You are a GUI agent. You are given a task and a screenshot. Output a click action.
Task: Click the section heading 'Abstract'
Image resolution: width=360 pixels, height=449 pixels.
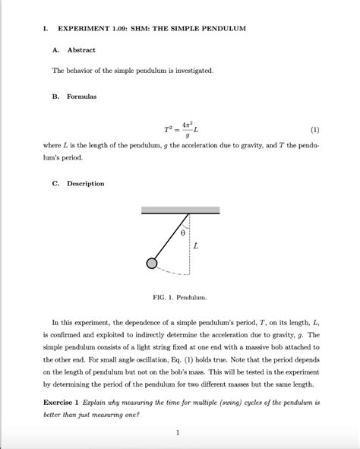[x=82, y=50]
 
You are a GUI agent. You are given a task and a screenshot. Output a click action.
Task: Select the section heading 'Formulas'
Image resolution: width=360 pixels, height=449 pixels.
[x=83, y=96]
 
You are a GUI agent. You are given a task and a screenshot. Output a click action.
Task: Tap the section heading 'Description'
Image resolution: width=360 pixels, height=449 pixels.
[x=86, y=183]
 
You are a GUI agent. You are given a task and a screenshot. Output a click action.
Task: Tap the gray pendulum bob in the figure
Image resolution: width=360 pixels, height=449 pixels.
[x=152, y=263]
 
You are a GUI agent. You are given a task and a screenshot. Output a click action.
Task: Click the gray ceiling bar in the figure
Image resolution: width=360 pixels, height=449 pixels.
[x=180, y=210]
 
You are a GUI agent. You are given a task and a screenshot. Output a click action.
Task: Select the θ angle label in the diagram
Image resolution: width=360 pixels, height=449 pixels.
[x=182, y=235]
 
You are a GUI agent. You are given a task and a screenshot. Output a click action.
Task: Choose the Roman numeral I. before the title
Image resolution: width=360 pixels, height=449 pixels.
[x=46, y=28]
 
